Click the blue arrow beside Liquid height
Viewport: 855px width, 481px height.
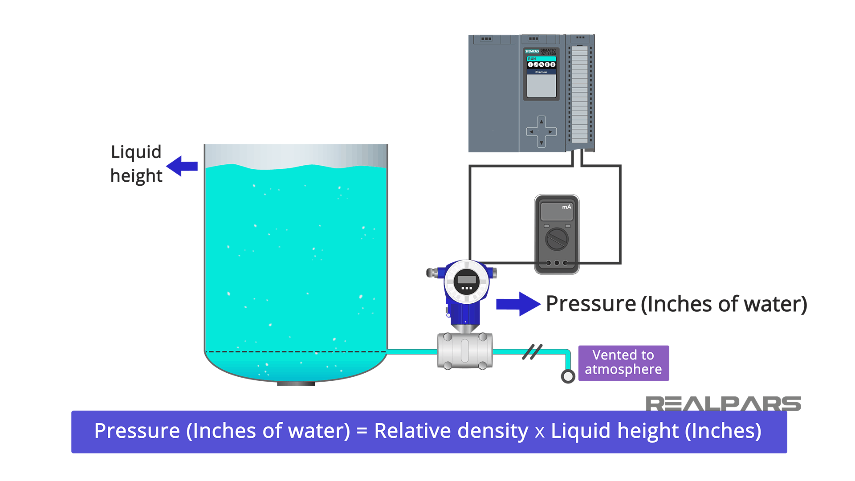[182, 166]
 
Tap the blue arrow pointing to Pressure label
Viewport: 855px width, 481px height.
[518, 304]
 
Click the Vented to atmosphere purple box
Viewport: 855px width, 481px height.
[623, 363]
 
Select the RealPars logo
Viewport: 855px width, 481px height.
[723, 404]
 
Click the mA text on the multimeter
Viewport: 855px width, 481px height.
[566, 207]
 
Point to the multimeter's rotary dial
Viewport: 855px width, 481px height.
[557, 239]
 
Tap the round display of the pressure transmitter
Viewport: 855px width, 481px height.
[466, 281]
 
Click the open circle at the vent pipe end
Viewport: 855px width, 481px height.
[568, 376]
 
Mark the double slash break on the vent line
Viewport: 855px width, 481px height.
[532, 352]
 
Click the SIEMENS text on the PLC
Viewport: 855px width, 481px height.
[532, 51]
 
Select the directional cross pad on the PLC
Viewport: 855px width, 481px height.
[541, 132]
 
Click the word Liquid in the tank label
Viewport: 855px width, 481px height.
[136, 152]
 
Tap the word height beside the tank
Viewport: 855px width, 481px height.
[136, 176]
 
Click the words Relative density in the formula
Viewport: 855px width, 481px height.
[451, 431]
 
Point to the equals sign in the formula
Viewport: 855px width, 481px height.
[362, 431]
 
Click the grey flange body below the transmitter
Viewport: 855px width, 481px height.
[465, 351]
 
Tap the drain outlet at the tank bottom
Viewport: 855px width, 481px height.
[296, 383]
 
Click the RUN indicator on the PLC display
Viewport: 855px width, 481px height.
[533, 59]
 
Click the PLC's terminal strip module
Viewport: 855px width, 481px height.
[580, 94]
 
